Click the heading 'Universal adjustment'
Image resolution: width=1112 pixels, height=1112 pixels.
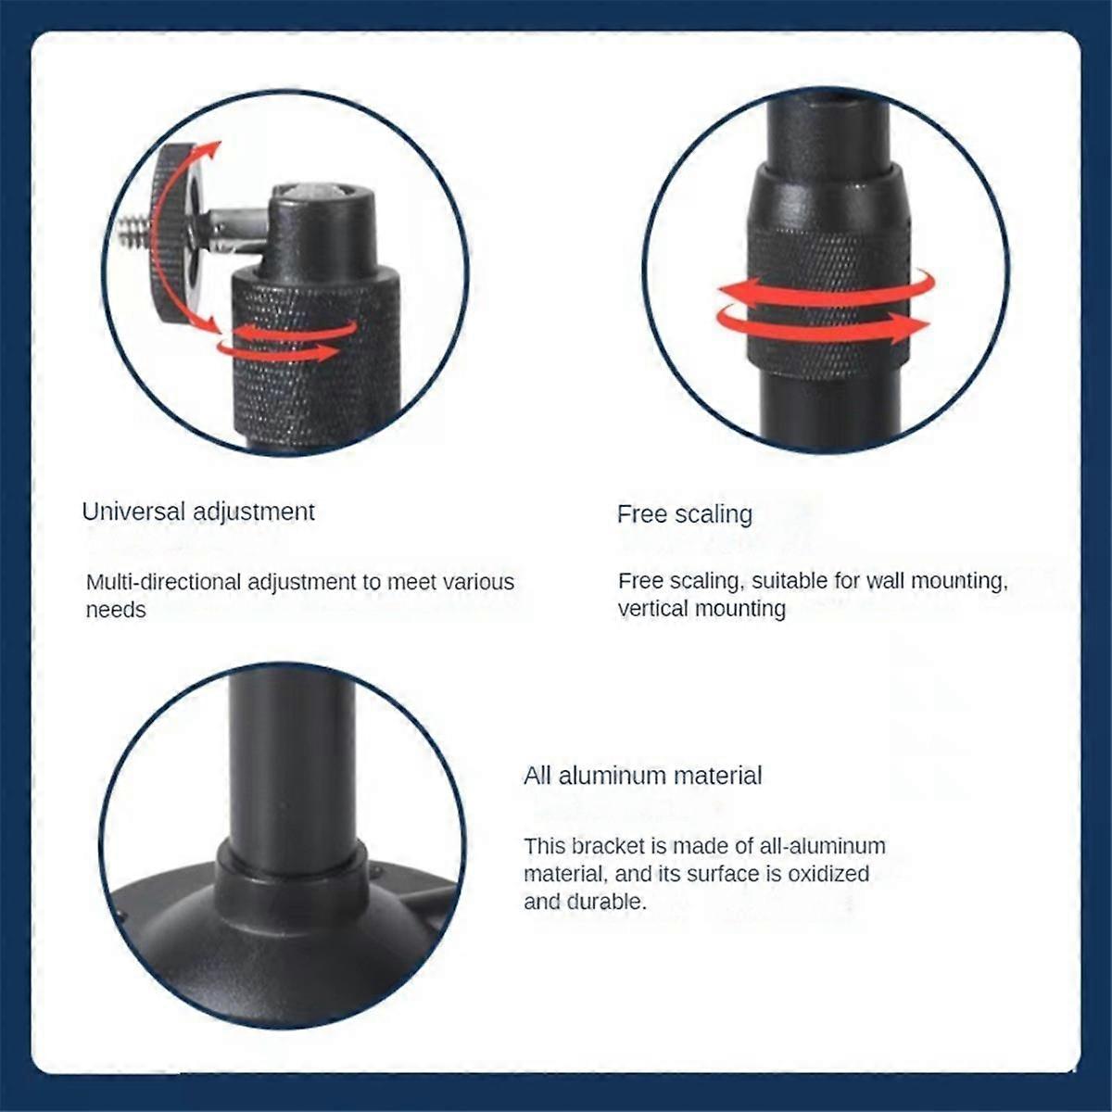(x=198, y=512)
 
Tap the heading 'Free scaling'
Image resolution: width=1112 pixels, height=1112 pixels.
(x=684, y=514)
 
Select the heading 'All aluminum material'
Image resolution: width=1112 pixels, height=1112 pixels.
(x=642, y=776)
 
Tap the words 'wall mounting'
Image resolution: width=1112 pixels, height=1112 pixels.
(x=935, y=581)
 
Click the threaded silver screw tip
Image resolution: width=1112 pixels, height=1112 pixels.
(x=135, y=230)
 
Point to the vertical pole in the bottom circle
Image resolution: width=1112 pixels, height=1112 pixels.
(x=290, y=760)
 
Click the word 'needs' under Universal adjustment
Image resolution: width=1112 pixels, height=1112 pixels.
(x=116, y=610)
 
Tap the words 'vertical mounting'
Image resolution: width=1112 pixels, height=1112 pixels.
(x=701, y=609)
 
